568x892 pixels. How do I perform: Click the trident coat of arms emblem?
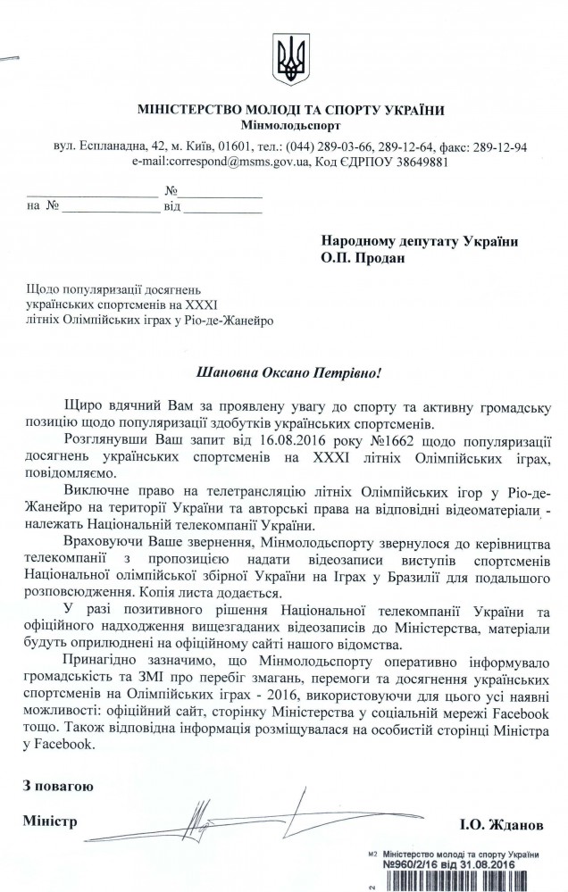(x=288, y=61)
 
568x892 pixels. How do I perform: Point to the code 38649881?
(x=420, y=163)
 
